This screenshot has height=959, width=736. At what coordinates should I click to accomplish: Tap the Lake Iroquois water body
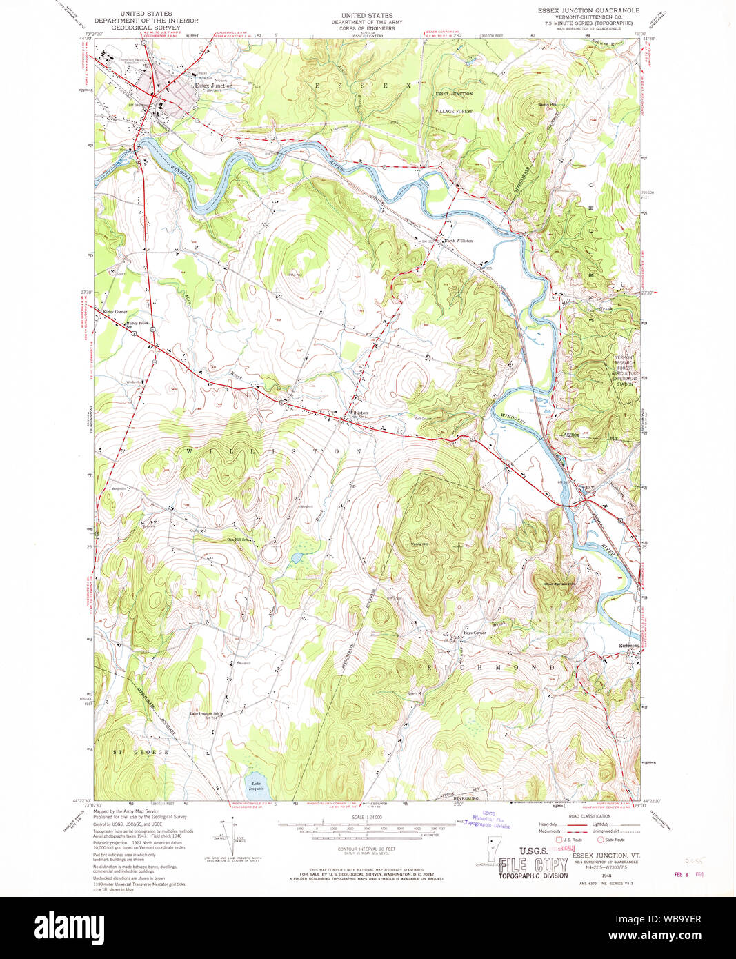[256, 784]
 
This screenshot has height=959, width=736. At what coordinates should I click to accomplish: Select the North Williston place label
[459, 241]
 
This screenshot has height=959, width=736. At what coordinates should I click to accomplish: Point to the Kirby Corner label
[115, 312]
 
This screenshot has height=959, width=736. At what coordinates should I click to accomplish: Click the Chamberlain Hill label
[559, 584]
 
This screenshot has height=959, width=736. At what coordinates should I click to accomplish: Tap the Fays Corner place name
[474, 633]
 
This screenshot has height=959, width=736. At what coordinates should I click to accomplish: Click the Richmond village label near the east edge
[628, 646]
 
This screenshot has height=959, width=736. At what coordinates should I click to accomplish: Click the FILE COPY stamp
[533, 864]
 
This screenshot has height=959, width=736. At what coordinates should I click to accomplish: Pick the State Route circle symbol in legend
[599, 840]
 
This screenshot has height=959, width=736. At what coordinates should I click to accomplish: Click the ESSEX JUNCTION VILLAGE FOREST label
[454, 102]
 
